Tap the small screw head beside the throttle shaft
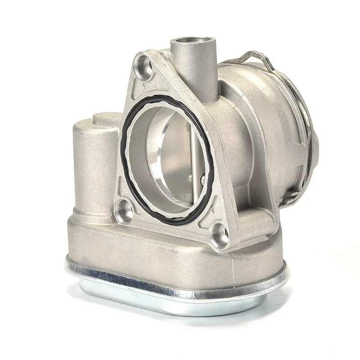(204, 180)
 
